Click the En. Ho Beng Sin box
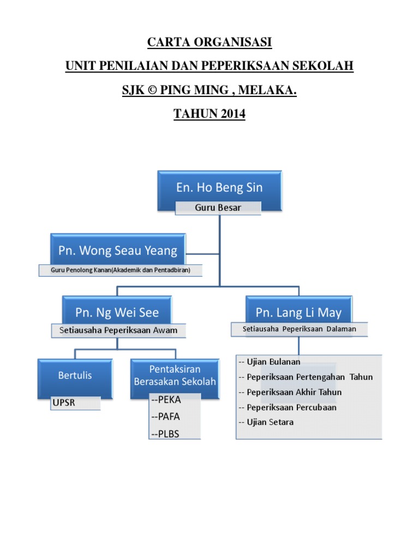pos(219,188)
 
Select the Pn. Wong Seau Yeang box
pos(118,251)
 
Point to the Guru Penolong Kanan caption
pos(120,270)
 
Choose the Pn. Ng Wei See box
pos(117,313)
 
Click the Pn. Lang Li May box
pos(298,313)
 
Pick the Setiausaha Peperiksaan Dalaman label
pos(299,329)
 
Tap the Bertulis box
pos(75,375)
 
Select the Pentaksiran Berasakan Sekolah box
pos(175,375)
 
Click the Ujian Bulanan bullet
pos(270,362)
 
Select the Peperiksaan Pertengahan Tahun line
pos(306,377)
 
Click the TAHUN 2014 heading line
pos(209,114)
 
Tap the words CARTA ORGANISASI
pos(209,43)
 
